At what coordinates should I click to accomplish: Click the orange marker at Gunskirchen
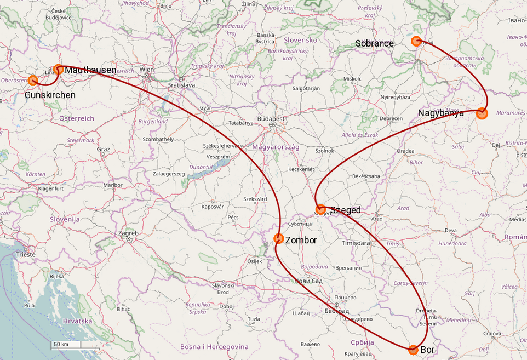point(33,81)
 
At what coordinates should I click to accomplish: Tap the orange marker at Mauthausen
point(59,69)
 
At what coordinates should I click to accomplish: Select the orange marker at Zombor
point(278,238)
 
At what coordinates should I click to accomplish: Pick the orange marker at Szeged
point(321,209)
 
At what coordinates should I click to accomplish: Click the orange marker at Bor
point(413,350)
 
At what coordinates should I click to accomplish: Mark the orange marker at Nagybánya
point(482,113)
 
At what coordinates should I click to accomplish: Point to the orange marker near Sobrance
point(416,41)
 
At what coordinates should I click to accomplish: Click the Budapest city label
point(271,118)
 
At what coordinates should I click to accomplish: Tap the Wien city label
point(146,70)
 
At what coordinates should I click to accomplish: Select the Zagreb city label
point(128,233)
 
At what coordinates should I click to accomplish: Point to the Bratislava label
point(181,85)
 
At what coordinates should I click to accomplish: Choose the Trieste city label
point(25,254)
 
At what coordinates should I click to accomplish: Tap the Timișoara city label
point(356,242)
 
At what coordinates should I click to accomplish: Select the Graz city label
point(103,149)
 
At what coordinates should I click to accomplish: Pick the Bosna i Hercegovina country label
point(214,347)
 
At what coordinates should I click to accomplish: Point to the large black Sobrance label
point(374,43)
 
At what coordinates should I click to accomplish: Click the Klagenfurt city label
point(51,188)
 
